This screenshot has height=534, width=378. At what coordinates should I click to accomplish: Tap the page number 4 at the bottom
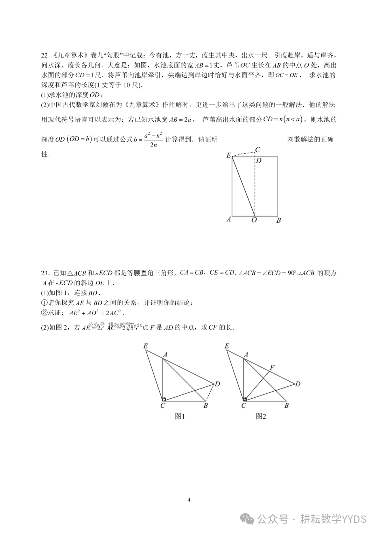189,499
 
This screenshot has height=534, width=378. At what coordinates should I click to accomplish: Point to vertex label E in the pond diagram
229,155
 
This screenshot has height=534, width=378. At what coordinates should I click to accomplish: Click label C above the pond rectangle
258,150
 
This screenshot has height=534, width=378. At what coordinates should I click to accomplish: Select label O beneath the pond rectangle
254,220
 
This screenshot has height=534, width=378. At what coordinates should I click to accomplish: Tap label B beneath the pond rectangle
279,220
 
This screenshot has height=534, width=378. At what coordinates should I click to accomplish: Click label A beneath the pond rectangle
229,220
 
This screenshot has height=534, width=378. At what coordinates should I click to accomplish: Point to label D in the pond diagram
259,161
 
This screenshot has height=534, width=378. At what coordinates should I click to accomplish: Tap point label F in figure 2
272,368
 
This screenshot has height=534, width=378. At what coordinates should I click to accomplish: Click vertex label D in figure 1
217,384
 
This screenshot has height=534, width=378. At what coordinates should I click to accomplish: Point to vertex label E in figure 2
227,346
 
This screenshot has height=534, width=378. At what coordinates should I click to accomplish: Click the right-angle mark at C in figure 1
164,399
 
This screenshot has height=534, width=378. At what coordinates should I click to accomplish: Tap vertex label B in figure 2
286,406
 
